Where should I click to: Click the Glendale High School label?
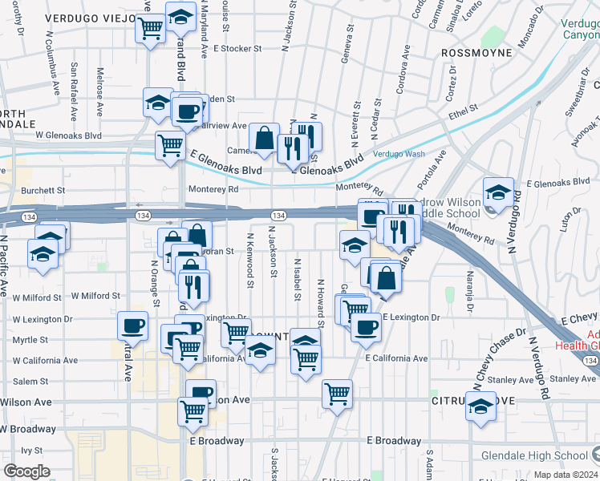535,455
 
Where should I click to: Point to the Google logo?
26,471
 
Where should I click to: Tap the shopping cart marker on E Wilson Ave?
337,393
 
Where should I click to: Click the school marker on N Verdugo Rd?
498,192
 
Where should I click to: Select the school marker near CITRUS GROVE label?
480,406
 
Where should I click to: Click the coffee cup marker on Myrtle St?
133,325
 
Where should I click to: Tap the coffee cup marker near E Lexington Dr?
366,327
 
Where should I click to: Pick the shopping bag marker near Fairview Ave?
263,138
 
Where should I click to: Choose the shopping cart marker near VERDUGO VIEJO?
151,29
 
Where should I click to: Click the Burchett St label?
43,191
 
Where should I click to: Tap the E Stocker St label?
237,48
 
